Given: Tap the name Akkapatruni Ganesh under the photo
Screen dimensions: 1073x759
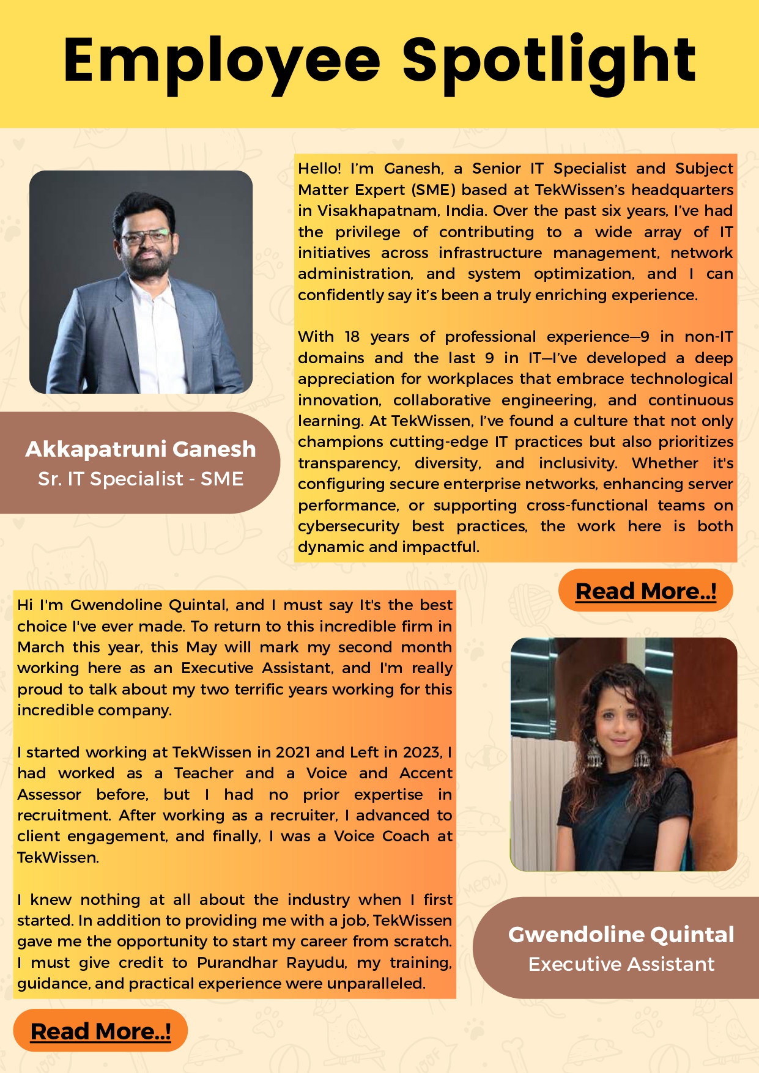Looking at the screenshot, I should click(x=141, y=449).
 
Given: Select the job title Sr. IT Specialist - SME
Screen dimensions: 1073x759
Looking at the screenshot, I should click(x=141, y=479).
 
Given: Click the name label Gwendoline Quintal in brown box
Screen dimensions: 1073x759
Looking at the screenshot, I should click(x=621, y=934).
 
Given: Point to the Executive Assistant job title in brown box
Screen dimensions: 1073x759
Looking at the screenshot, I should click(x=621, y=964).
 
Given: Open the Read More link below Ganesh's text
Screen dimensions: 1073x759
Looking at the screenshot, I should click(x=645, y=591).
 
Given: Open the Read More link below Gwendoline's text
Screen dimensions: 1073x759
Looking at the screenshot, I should click(x=100, y=1031).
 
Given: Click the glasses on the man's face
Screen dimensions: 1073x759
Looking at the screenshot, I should click(x=146, y=237).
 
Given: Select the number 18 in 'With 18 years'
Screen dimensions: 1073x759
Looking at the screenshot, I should click(x=352, y=337).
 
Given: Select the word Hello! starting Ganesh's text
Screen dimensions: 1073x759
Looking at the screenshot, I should click(x=319, y=169).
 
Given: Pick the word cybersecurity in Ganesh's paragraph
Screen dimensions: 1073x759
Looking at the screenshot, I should click(x=349, y=526).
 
